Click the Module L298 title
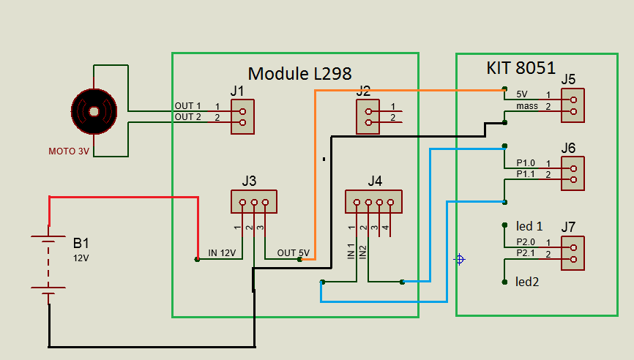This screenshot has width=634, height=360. click(x=299, y=73)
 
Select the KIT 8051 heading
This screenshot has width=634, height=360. click(x=521, y=68)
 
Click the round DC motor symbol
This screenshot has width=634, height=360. click(x=94, y=111)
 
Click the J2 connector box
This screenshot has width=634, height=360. click(x=368, y=116)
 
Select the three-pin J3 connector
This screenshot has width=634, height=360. click(x=253, y=201)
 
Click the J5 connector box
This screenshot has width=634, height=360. click(x=573, y=106)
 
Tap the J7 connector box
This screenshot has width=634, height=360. click(x=573, y=253)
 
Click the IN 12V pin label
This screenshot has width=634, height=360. click(x=223, y=253)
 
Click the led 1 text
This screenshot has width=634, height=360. click(x=529, y=226)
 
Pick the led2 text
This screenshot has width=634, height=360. click(x=527, y=281)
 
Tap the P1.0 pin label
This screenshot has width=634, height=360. click(x=526, y=162)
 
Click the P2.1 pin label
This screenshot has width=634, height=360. click(x=526, y=253)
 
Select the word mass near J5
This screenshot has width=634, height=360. click(x=526, y=107)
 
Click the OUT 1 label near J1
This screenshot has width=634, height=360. click(x=187, y=106)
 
